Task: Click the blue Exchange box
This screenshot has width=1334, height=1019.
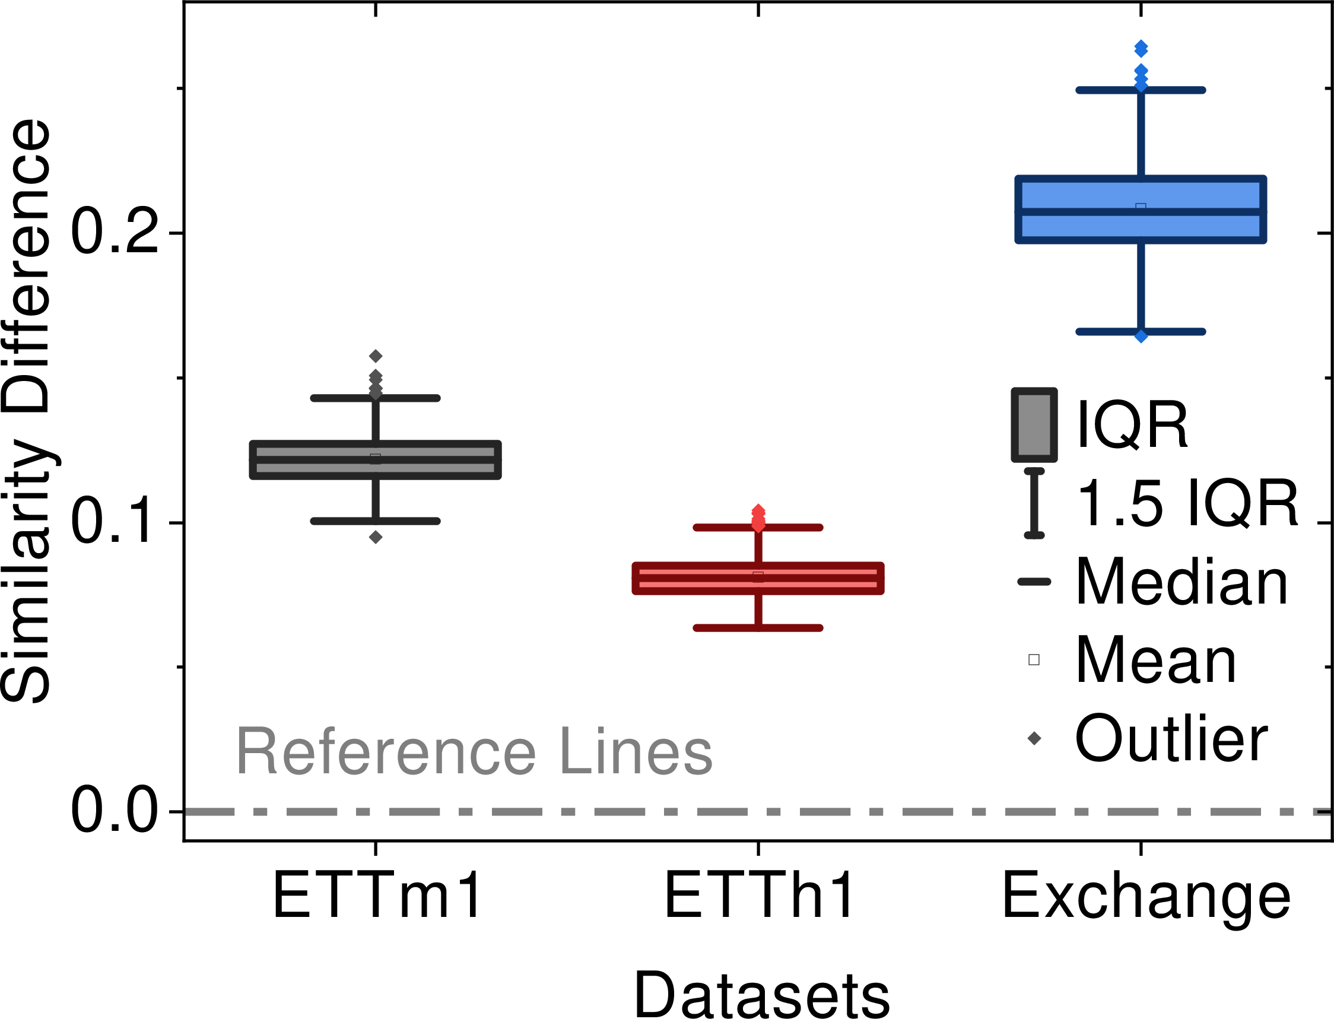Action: coord(1141,210)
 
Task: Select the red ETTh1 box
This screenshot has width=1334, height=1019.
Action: coord(758,578)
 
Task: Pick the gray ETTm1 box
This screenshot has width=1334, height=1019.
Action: coord(376,460)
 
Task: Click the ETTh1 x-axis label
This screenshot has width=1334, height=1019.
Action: coord(759,896)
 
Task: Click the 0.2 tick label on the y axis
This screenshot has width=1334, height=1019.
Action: coord(115,231)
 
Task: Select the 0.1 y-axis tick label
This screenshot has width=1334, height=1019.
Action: coord(115,522)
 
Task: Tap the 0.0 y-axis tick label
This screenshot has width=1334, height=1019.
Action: coord(115,811)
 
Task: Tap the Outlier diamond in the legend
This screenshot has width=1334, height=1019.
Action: coord(1034,738)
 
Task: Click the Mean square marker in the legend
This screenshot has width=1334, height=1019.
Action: coord(1034,659)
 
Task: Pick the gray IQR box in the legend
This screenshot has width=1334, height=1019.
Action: coord(1034,424)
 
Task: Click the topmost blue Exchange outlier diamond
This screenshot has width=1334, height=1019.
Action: coord(1141,49)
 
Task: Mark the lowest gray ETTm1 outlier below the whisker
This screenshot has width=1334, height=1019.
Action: coord(376,537)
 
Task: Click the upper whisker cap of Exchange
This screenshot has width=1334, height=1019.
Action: coord(1141,90)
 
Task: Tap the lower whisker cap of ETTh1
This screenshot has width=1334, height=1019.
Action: coord(758,628)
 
